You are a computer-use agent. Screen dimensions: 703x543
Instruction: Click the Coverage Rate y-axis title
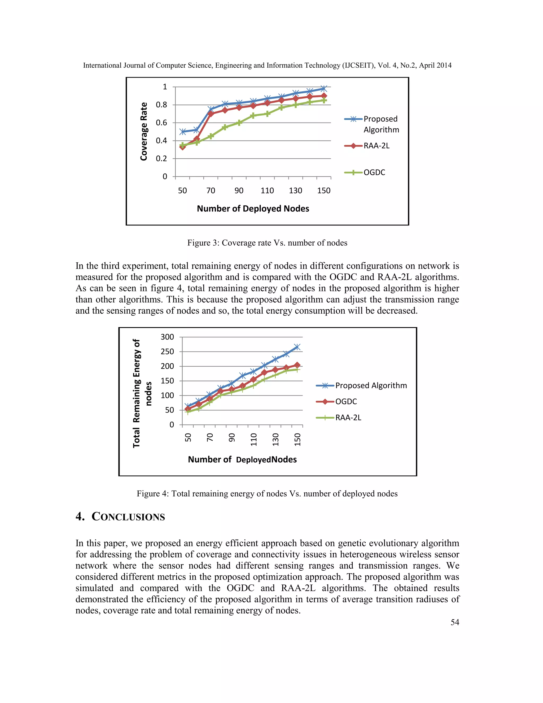coord(144,131)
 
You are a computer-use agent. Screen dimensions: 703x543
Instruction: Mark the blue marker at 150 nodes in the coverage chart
coord(324,89)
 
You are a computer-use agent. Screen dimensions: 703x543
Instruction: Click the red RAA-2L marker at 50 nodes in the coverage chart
coord(182,147)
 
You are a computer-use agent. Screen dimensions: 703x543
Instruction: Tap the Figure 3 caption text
coord(267,243)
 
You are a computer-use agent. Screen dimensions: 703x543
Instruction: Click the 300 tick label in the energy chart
coord(167,337)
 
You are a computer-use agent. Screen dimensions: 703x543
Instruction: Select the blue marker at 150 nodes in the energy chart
coord(297,347)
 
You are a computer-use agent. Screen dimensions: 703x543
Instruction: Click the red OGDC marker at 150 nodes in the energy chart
coord(297,365)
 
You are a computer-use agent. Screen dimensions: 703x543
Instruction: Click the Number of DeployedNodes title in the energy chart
coord(242,460)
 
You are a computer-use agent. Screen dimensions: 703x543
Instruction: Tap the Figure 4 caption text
coord(267,494)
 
